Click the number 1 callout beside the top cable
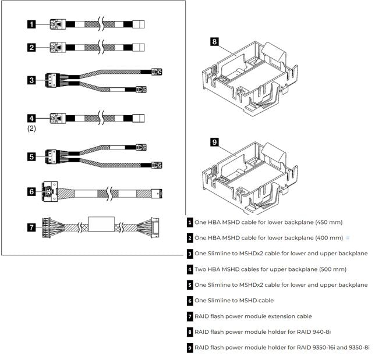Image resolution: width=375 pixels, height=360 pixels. coord(31,24)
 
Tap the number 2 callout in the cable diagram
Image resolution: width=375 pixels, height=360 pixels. coord(31,48)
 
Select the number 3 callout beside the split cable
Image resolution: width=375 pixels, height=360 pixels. coord(31,80)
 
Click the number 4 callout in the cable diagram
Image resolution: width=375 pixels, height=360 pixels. coord(31,118)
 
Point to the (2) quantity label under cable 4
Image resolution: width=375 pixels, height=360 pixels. coord(32,129)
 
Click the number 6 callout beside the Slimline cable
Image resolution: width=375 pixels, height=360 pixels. coord(31,190)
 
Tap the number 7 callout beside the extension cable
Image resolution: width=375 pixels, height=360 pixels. coord(31,227)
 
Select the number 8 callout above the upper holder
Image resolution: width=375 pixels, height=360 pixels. coord(214,41)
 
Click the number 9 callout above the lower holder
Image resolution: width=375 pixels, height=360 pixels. coord(214,141)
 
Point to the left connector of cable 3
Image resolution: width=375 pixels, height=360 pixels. coord(51,80)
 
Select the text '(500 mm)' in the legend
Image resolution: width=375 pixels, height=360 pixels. coord(331,269)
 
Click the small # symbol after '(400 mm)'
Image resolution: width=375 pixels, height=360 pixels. coord(348,238)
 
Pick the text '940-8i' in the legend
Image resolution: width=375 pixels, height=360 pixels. coord(319,332)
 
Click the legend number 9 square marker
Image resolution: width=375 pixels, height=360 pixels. coord(190,348)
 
